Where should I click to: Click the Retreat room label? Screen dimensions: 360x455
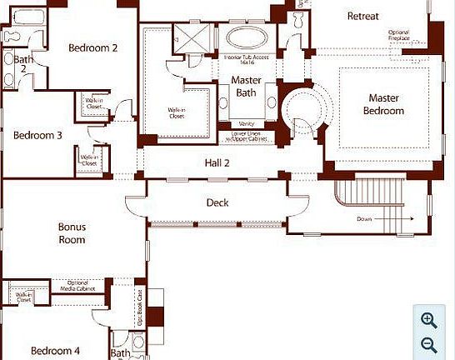(x=362, y=16)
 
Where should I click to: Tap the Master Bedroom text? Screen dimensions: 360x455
(x=384, y=104)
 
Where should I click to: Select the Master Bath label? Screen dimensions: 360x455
(x=246, y=87)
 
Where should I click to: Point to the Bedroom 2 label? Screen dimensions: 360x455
(x=92, y=47)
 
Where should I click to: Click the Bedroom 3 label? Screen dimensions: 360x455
(x=38, y=135)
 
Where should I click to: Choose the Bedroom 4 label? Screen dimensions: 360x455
(x=56, y=351)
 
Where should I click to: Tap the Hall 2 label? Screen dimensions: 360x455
(x=217, y=163)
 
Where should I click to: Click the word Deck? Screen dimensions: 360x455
(x=217, y=202)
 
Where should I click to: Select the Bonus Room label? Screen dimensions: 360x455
(x=72, y=232)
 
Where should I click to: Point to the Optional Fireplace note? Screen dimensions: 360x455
(x=398, y=35)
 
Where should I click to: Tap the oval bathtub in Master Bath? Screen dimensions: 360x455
(x=244, y=37)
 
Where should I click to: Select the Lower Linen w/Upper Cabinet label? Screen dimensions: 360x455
(x=249, y=135)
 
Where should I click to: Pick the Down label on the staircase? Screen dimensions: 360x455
(x=364, y=219)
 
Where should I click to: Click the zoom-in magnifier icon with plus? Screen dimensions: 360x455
(x=429, y=320)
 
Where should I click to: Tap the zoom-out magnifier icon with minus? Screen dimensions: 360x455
(x=429, y=345)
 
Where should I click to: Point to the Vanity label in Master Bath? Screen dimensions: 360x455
(x=246, y=123)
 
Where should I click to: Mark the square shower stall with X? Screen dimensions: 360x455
(x=187, y=37)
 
